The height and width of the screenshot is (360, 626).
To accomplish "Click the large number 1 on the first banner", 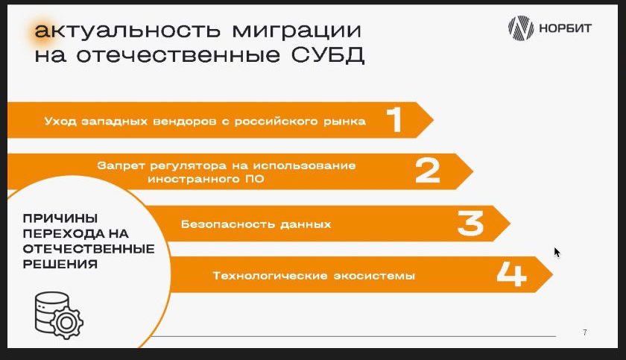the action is [394, 119].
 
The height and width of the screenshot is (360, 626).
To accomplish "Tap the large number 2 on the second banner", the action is [428, 171].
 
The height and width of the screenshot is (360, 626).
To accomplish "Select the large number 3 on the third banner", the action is [471, 223].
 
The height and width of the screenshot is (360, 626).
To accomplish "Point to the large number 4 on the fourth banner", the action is [511, 274].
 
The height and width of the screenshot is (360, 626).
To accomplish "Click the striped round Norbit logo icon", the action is [521, 28].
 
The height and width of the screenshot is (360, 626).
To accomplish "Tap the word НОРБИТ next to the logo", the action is [566, 28].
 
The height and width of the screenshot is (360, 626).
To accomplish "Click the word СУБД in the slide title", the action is [328, 55].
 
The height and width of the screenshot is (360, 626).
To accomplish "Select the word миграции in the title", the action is [297, 31].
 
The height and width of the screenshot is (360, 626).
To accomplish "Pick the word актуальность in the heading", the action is [127, 31].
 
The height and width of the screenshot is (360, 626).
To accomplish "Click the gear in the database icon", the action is [66, 322].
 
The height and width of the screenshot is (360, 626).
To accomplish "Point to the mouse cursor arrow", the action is [557, 252].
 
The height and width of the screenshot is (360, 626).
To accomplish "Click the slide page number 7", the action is [585, 332].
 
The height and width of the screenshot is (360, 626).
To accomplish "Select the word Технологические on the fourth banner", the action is [271, 276].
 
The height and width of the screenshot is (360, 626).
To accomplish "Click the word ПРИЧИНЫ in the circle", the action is [60, 218].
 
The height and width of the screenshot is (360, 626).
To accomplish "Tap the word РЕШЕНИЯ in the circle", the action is [60, 264].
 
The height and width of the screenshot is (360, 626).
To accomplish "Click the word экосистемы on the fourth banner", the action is [374, 276].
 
